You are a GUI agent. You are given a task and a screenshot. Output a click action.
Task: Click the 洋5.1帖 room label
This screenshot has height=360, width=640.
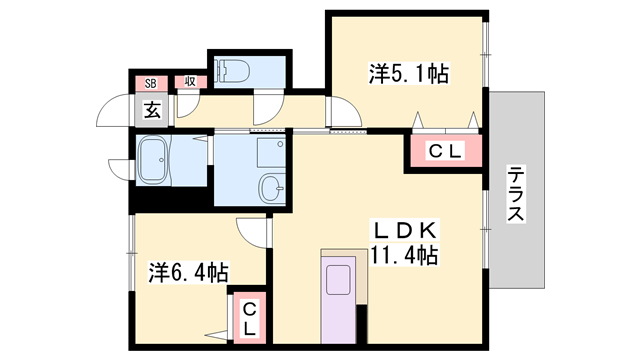[409, 73]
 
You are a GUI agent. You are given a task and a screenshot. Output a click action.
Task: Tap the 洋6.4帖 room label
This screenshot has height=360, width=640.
[190, 272]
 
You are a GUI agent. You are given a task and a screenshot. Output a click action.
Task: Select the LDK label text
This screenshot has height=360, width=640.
[404, 231]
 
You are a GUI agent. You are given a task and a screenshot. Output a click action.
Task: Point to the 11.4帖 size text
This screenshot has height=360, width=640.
[404, 256]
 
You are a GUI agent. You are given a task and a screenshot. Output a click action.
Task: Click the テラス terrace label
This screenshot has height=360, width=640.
[516, 193]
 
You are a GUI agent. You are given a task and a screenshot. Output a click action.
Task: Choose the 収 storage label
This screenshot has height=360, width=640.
[187, 83]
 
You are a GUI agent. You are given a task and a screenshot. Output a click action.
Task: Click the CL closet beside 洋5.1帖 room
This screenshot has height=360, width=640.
[443, 151]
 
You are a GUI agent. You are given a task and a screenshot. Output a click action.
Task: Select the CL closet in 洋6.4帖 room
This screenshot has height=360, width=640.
[249, 317]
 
